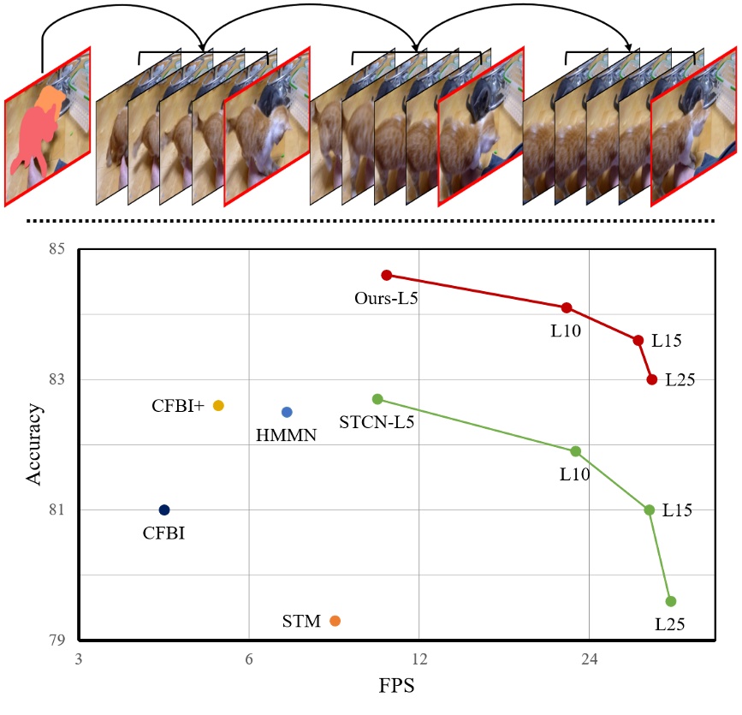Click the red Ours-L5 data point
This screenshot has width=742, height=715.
point(387,275)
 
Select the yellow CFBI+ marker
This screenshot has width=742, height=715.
point(218,406)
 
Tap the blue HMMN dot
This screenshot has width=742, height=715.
point(287,412)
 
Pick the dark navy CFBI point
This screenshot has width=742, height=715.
point(164,510)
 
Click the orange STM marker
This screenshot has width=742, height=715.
point(335,621)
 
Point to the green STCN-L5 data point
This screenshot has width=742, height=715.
point(377,399)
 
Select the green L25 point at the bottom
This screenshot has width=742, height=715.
point(671,601)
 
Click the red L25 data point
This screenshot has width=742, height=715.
point(652,379)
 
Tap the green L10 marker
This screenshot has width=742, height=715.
point(576,451)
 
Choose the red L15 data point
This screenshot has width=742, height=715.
point(638,340)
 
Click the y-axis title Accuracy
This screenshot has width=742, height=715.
point(34,444)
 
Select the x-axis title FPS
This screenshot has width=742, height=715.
point(396,686)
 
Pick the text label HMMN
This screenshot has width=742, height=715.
point(286,436)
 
